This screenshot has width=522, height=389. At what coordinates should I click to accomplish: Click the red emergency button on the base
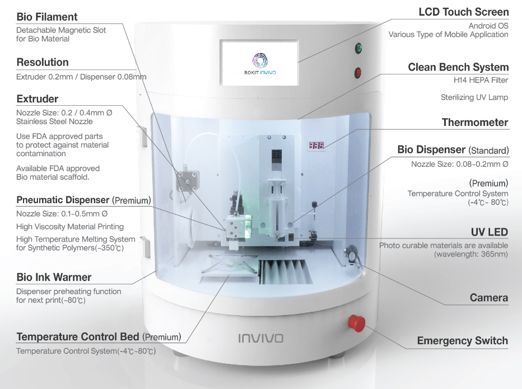click(x=356, y=322)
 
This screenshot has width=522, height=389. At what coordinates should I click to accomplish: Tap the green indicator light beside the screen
click(x=358, y=49)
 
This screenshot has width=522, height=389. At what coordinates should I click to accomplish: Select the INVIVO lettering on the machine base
click(x=260, y=339)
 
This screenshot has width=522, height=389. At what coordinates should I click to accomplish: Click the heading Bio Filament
click(x=47, y=17)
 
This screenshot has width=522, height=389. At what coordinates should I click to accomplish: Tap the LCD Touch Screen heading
click(x=464, y=12)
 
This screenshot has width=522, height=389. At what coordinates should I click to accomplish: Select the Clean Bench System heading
click(x=458, y=68)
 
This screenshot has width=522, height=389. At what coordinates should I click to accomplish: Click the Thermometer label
click(x=475, y=123)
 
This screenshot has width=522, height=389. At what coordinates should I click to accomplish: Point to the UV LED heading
click(x=490, y=232)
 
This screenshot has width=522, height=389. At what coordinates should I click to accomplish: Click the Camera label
click(x=489, y=298)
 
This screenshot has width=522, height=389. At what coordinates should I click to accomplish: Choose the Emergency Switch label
click(x=463, y=341)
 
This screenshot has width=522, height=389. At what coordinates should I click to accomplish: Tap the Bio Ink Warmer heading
click(x=54, y=277)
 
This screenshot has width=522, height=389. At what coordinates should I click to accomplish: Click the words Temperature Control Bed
click(x=78, y=337)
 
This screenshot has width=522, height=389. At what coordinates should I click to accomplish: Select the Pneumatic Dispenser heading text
click(x=63, y=200)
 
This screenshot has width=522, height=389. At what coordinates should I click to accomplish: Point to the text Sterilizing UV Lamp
click(x=474, y=97)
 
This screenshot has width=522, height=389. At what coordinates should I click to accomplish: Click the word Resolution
click(x=43, y=62)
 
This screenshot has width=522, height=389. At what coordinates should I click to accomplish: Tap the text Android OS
click(x=488, y=26)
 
